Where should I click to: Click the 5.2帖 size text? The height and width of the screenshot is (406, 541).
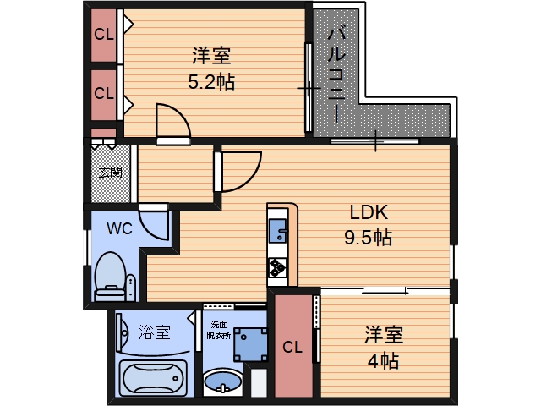pos(211,83)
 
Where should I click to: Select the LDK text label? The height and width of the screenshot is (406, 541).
pos(368,212)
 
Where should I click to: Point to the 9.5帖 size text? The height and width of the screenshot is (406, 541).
pos(368,238)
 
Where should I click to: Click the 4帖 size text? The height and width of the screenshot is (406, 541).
pos(383,361)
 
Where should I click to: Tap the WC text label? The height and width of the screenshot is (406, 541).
pos(118,228)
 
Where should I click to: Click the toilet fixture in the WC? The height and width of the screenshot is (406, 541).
pos(110,276)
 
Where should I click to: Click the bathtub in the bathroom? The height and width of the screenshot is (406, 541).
pos(153,377)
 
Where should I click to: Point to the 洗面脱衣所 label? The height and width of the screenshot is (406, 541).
pos(220,329)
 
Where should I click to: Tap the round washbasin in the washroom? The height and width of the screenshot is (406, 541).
pos(222,381)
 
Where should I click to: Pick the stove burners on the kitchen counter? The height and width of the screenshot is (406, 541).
pos(278,268)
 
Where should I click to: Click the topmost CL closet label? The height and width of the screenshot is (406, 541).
pos(104,35)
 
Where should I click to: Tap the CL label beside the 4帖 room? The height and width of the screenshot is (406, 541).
pos(292,347)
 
